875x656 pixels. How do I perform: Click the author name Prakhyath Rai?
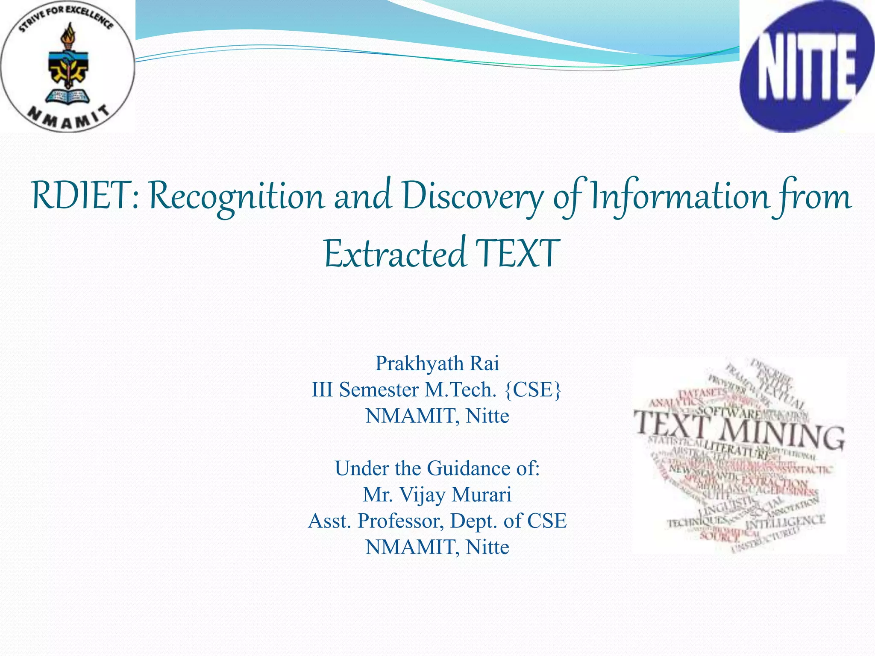[x=437, y=363]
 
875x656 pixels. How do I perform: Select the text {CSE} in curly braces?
[x=533, y=389]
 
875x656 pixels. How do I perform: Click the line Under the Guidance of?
[x=437, y=468]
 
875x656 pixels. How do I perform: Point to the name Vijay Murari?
[x=455, y=495]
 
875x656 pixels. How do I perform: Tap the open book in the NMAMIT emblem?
[x=68, y=96]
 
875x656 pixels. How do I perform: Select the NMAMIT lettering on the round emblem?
[x=68, y=119]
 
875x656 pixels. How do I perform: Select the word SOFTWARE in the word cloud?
[x=731, y=413]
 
